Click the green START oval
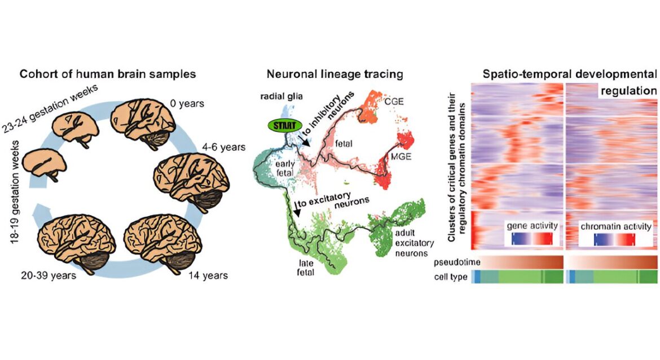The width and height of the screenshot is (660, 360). tap(285, 125)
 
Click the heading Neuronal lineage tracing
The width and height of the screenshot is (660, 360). tap(335, 74)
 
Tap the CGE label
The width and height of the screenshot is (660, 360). tap(394, 102)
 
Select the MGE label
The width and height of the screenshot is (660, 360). tap(401, 157)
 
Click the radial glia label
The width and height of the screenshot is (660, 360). tap(281, 96)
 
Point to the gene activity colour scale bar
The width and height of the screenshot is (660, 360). tap(532, 239)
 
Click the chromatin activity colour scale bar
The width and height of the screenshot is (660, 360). tap(615, 239)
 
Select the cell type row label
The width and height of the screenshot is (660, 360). tap(450, 277)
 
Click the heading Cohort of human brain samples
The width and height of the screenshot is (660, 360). tap(108, 74)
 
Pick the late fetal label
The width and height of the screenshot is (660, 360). tap(306, 267)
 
